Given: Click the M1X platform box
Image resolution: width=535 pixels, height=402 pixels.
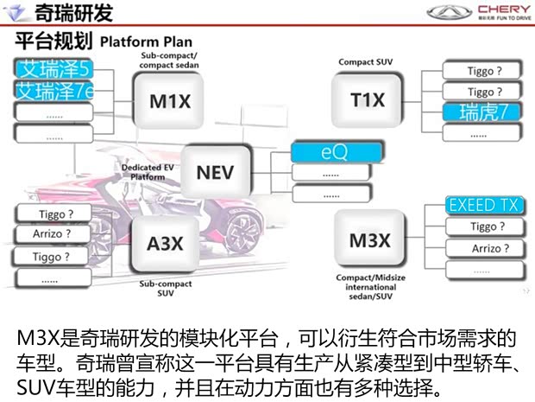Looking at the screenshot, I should click(171, 101).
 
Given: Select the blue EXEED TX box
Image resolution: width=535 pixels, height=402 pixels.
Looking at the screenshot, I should click(484, 206).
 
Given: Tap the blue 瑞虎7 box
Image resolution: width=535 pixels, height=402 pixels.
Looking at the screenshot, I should click(484, 112).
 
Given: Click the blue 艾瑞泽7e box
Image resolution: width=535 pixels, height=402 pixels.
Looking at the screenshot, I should click(54, 91).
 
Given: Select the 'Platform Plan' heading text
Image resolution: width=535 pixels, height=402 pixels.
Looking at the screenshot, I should click(146, 41).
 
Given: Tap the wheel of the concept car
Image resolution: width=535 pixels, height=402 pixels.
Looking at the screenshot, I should click(243, 227).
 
